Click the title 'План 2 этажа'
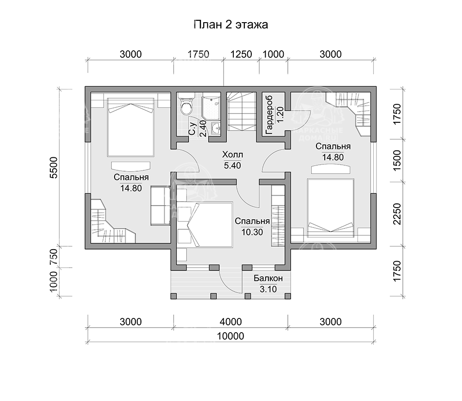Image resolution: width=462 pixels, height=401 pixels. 231,24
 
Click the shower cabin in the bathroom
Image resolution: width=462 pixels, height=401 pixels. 211,105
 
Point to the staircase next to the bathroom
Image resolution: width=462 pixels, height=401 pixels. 242,111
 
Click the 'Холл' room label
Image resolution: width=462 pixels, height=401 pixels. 232,155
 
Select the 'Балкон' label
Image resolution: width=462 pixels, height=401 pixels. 268,278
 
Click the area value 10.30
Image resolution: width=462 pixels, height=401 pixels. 252,233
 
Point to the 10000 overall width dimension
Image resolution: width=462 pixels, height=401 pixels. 231,336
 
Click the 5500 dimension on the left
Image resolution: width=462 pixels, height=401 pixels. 54,168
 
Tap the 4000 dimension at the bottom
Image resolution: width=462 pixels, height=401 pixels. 231,322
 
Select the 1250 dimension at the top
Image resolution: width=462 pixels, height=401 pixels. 241,54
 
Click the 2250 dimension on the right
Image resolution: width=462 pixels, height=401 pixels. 397,214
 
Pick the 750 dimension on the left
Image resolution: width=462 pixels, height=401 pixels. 54,257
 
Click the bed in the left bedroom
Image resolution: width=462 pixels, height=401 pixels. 131,127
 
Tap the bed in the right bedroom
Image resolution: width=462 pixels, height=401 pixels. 330,208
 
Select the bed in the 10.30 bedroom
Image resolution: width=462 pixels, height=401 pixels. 210,224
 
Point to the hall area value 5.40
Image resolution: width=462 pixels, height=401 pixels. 232,166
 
